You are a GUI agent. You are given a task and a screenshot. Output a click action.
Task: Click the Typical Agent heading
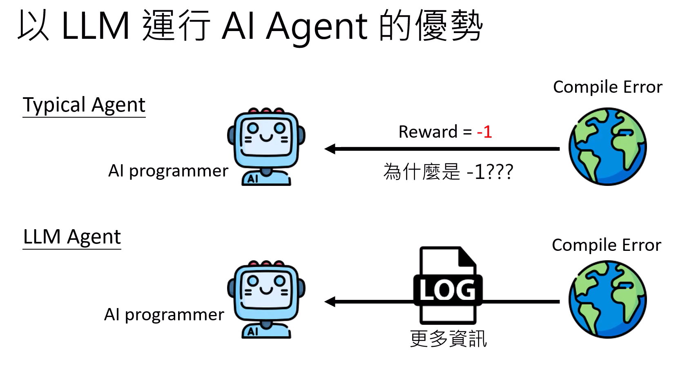[x=84, y=105]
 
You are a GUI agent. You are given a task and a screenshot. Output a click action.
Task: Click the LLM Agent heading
[x=72, y=237]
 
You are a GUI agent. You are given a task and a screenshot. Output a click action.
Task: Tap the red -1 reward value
[x=484, y=132]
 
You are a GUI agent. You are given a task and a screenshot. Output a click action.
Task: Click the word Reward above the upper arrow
[x=428, y=132]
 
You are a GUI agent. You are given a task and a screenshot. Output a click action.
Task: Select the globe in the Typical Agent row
[x=607, y=146]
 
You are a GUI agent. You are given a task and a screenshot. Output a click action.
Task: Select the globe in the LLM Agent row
[x=607, y=299]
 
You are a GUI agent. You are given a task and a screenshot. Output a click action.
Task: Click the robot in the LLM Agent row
[x=266, y=299]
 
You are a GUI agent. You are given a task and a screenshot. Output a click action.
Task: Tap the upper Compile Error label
[x=607, y=87]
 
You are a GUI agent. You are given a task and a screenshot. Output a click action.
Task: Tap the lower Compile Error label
[x=606, y=245]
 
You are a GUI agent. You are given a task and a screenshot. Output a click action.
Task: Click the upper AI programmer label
[x=168, y=171]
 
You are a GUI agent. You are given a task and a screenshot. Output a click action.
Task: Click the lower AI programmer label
[x=164, y=315]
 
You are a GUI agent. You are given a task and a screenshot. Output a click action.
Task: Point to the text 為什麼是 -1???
[x=448, y=172]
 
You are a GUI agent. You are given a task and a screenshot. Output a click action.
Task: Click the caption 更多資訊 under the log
[x=448, y=339]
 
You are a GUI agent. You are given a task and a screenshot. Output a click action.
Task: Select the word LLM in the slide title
[x=96, y=26]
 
